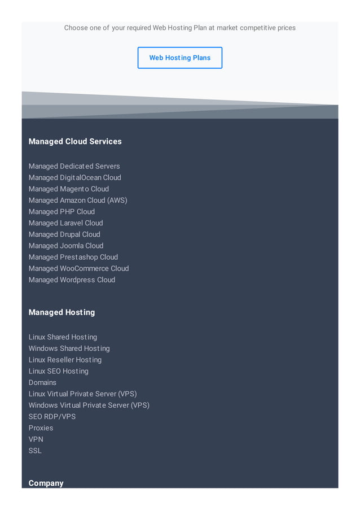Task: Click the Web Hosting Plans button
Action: coord(179,58)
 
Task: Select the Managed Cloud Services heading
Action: coord(75,141)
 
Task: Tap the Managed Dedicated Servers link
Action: coord(74,166)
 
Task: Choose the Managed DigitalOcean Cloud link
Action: coord(74,177)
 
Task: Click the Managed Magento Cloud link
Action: coord(68,189)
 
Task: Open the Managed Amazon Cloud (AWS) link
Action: coord(78,200)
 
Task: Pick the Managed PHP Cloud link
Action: coord(62,211)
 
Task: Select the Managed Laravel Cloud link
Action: coord(65,223)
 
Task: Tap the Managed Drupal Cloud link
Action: coord(64,234)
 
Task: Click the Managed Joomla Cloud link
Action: coord(66,245)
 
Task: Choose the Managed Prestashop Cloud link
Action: coord(73,256)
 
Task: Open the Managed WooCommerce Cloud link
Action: coord(78,268)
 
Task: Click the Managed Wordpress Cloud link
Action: coord(72,279)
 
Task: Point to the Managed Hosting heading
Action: coord(62,312)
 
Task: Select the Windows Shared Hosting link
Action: coord(69,348)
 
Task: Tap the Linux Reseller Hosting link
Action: coord(65,359)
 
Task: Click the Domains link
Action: coord(42,382)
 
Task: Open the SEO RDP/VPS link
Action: coord(52,416)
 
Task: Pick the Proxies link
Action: coord(41,427)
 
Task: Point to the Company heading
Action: coord(46,483)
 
